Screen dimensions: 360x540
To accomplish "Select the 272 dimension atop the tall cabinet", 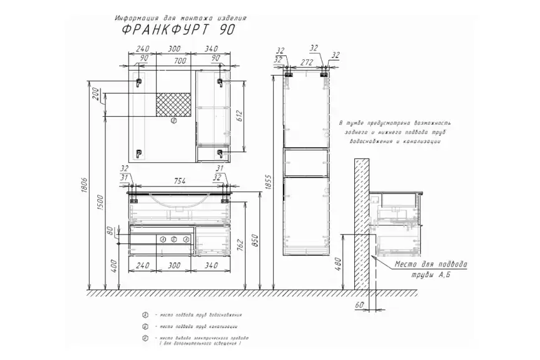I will coord(306,63).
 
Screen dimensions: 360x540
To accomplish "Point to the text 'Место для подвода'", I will coord(431,265).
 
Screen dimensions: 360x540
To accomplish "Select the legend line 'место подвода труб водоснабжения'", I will coord(200,315).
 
